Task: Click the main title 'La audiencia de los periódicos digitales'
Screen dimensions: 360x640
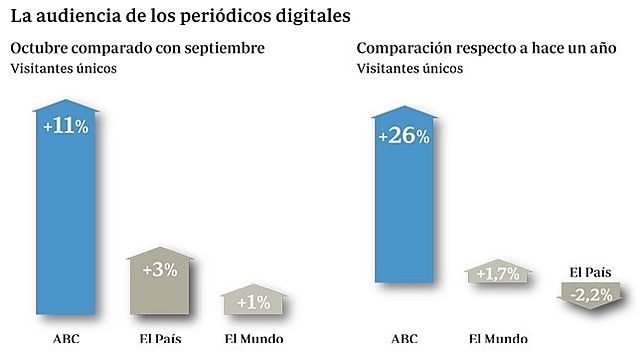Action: pos(181,17)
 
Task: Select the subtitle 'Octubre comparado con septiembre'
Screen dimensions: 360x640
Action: pos(137,49)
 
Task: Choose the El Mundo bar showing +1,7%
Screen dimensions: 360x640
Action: pos(497,274)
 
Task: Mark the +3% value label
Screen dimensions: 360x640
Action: pos(160,270)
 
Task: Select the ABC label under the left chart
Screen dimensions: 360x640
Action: pos(66,338)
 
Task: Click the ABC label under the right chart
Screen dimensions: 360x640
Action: pos(404,338)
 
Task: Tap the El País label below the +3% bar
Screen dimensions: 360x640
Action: pos(160,338)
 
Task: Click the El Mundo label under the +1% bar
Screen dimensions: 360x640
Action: pos(253,338)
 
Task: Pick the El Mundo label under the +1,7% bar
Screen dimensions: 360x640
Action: pos(496,338)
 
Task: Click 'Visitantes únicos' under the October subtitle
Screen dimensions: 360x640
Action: pos(64,68)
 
